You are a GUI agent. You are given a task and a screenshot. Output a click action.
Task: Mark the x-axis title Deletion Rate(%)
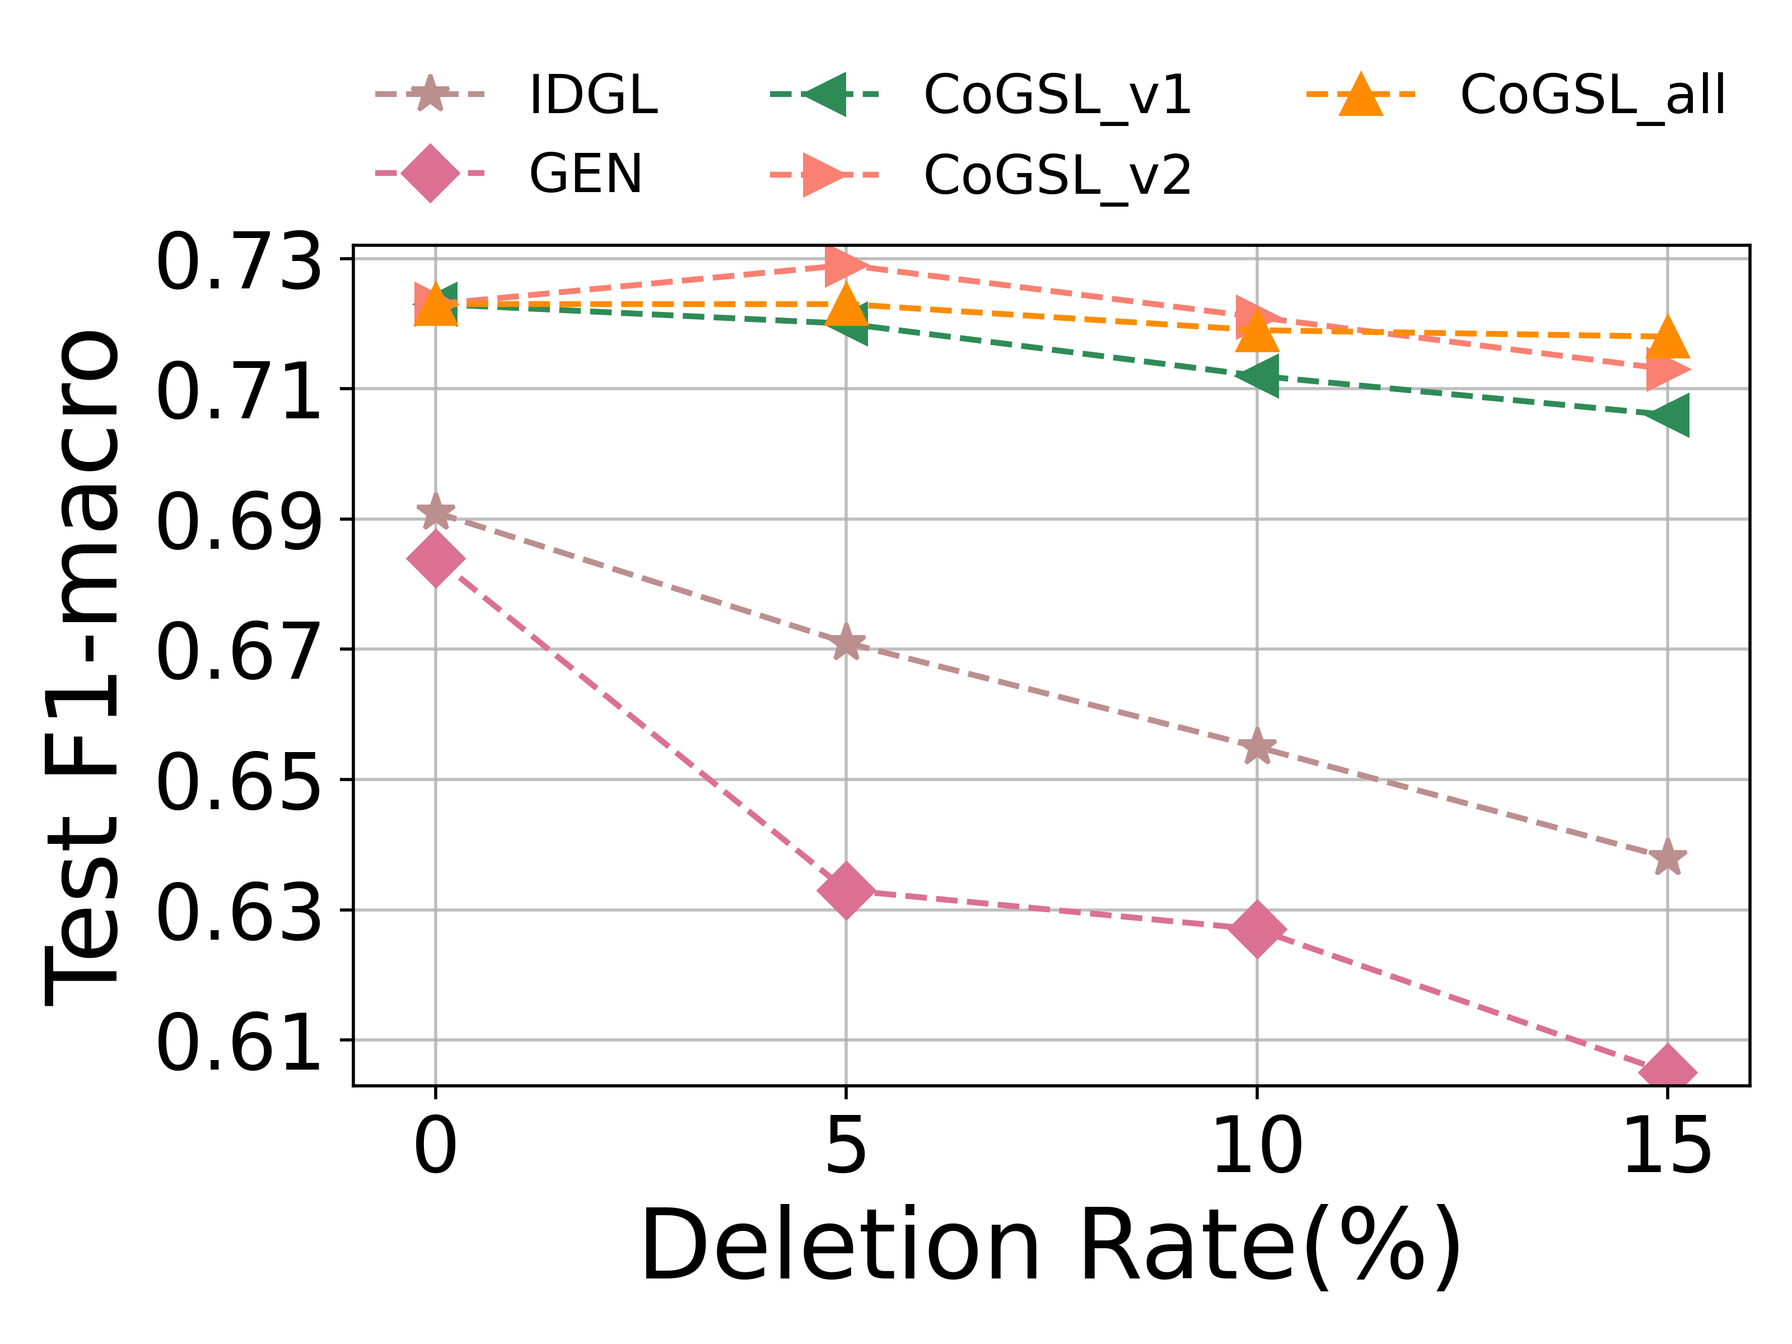(1051, 1246)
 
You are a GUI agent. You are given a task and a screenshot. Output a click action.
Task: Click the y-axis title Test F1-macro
(81, 667)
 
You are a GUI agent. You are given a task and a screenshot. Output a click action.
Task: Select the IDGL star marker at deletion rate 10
(1257, 746)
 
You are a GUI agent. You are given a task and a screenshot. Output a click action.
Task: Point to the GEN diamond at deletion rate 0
(436, 558)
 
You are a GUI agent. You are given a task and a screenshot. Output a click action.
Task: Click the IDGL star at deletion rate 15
(1667, 857)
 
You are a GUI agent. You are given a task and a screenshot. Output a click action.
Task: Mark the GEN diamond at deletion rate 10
(1257, 927)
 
